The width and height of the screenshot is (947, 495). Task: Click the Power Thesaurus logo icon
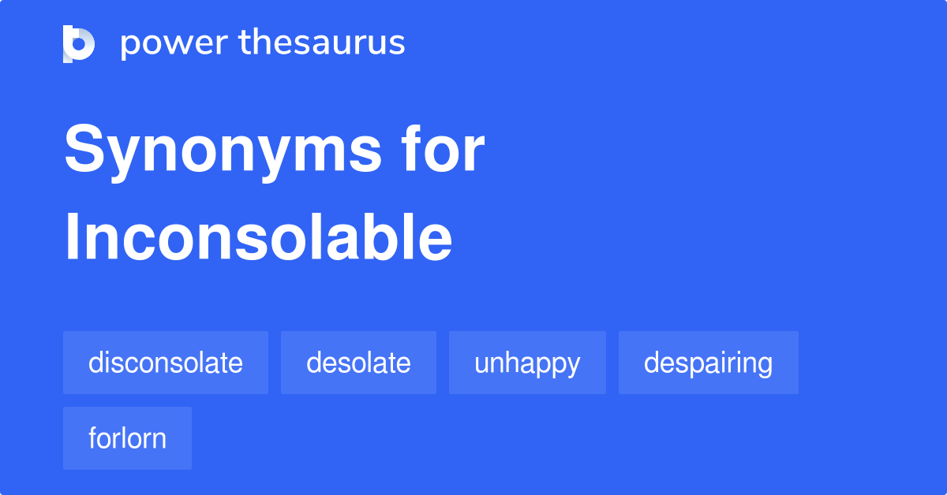pos(79,43)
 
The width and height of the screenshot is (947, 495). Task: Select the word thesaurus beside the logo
pos(322,43)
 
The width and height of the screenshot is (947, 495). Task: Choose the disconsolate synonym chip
pos(166,363)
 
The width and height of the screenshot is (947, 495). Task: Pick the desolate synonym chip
pos(358,363)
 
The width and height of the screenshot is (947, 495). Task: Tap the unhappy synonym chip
pos(527,363)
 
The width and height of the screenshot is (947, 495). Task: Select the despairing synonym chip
pos(708,363)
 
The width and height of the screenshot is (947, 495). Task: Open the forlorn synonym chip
pos(127,438)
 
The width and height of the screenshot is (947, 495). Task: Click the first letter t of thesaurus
pos(245,43)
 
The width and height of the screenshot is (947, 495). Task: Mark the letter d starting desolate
pos(314,363)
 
